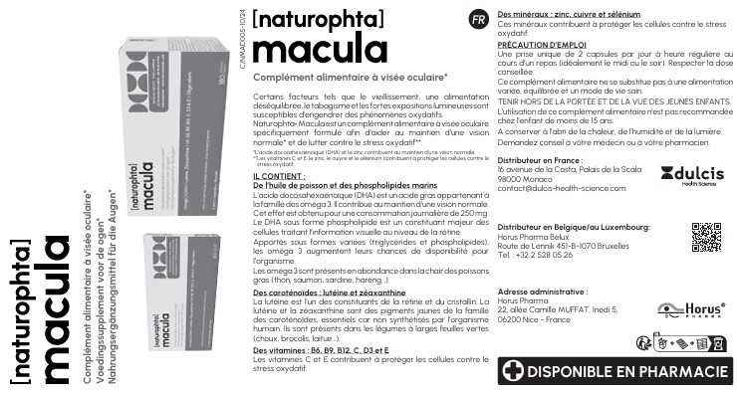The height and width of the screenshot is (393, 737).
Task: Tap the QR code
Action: (705, 237)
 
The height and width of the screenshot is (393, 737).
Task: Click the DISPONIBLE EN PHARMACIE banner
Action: (614, 371)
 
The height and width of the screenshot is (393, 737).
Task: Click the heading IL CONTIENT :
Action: (279, 174)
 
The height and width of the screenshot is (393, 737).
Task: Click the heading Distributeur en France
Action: (540, 159)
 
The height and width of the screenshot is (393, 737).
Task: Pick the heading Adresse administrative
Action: (544, 290)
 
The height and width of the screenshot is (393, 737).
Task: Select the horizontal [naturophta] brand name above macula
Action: (318, 19)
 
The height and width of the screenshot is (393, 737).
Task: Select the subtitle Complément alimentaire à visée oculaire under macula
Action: (350, 78)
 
